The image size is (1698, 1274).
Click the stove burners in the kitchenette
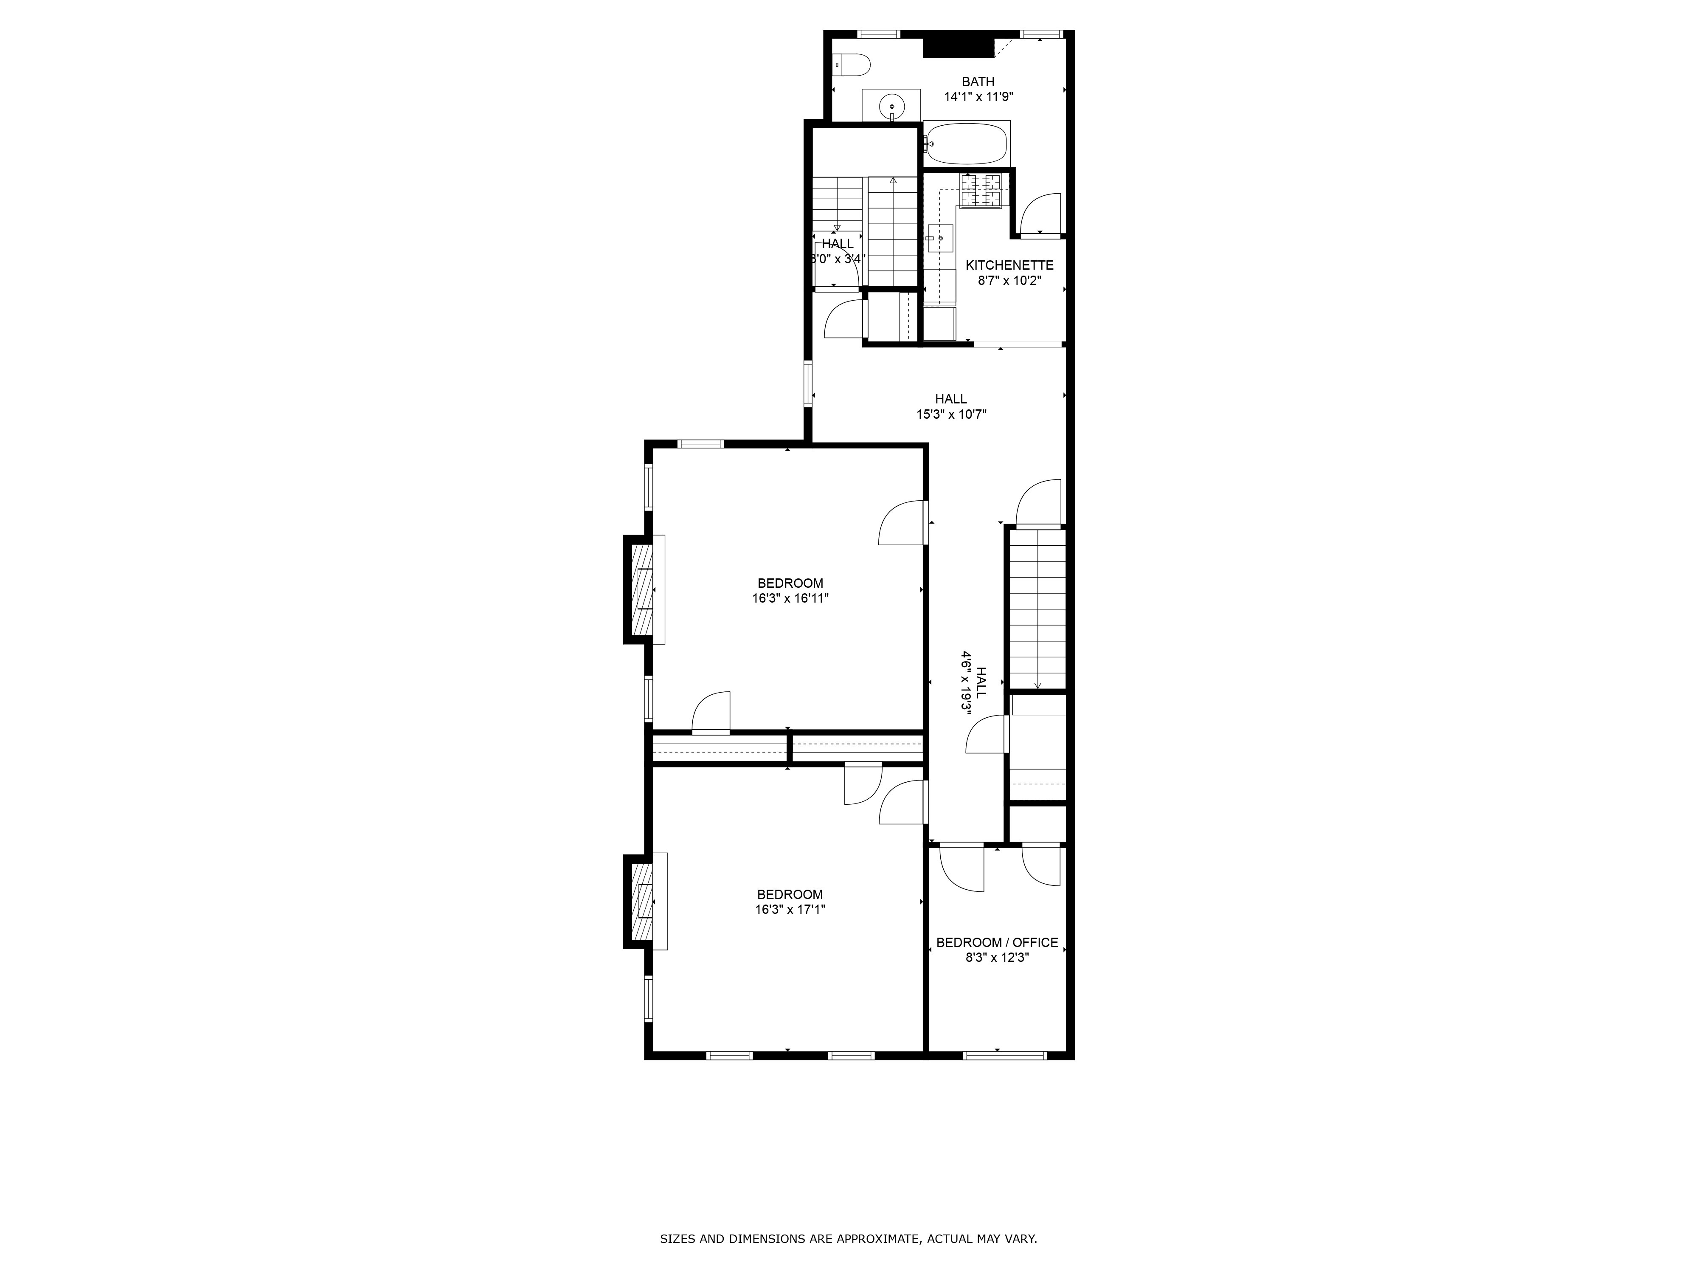coord(981,190)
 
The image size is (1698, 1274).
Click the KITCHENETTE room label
coord(1009,265)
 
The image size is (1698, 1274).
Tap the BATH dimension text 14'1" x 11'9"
coord(979,97)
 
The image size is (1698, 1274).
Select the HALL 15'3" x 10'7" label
coord(951,406)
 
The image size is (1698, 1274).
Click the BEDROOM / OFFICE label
coord(997,942)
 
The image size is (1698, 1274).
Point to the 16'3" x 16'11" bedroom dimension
coord(791,598)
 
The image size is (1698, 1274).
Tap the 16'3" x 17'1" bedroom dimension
coord(790,909)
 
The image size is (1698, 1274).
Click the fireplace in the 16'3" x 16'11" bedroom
coord(643,589)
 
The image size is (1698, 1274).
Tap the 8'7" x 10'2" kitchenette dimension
coord(1009,280)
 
